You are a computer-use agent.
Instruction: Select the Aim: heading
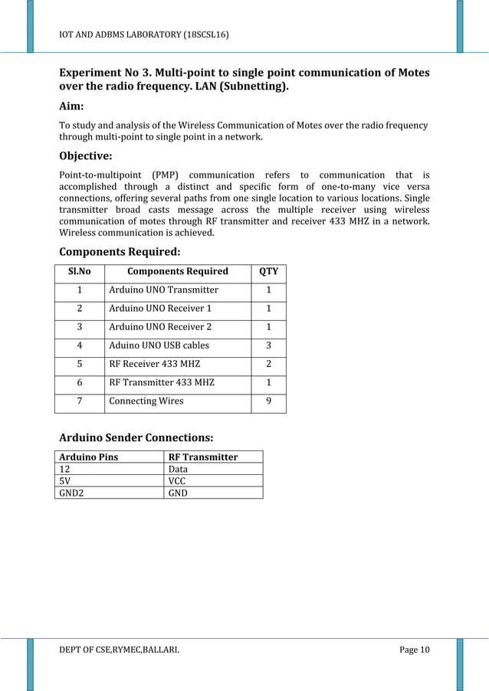point(72,106)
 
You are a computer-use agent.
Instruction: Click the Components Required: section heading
point(120,251)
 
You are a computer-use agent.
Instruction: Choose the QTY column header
point(268,271)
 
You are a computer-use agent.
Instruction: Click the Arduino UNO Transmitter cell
point(164,290)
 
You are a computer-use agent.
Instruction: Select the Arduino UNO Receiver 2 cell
point(161,327)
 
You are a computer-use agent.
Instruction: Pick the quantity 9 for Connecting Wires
point(268,401)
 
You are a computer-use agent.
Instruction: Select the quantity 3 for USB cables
point(268,345)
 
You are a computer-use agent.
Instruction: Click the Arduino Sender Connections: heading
point(136,437)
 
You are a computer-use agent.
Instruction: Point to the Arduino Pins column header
point(89,457)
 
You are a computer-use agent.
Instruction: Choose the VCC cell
point(177,481)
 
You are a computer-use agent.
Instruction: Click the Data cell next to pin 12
point(178,469)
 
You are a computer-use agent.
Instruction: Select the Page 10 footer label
point(415,650)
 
